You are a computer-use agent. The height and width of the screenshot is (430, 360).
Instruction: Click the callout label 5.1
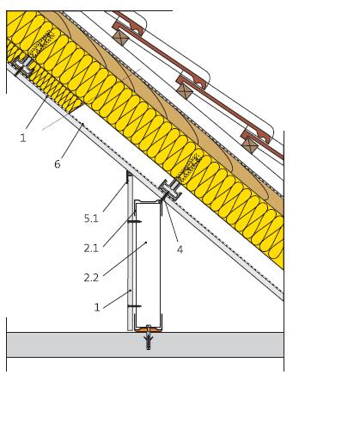91,218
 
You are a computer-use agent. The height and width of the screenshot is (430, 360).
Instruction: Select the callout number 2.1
91,248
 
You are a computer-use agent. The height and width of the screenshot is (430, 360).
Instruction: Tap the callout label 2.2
91,278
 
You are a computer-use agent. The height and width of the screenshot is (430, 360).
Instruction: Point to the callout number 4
180,249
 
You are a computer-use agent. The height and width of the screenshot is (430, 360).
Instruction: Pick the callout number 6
58,164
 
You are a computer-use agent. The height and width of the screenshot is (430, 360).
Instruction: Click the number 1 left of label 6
23,138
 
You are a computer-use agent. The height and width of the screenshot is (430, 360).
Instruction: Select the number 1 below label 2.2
97,308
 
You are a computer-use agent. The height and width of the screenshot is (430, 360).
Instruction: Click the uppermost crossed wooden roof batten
119,38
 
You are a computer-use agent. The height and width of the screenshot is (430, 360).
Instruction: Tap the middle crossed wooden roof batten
184,90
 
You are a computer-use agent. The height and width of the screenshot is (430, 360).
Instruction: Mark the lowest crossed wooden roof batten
250,145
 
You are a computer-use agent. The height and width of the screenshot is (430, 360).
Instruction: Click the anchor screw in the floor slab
149,337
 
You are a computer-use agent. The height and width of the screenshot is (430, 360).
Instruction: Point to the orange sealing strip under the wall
148,330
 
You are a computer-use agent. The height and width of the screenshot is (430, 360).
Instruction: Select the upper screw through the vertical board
134,222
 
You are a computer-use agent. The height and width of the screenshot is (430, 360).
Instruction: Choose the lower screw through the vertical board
134,306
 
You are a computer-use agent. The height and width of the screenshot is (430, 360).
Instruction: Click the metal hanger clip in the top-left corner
23,66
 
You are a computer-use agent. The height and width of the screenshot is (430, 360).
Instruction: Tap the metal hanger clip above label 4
170,189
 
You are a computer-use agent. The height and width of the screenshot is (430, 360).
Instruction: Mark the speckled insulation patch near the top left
41,44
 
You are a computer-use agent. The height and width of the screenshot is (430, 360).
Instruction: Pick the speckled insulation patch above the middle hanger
189,167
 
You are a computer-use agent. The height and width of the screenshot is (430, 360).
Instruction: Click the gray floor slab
145,345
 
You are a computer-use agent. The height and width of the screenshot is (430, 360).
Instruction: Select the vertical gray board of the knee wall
130,251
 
